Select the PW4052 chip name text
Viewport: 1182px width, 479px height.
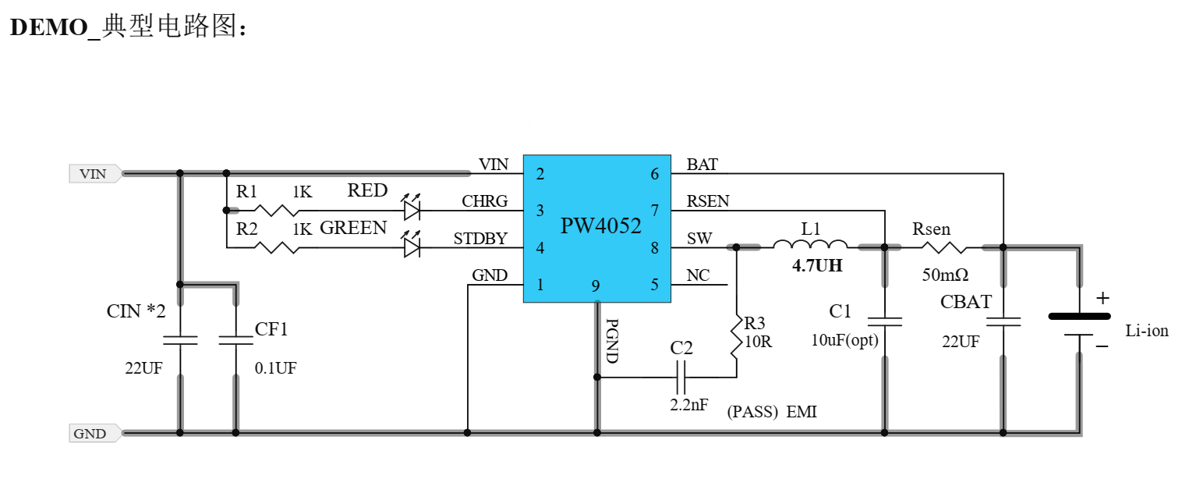600,226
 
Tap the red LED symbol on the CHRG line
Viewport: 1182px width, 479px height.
412,210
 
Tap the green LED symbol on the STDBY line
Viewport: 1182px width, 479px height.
412,248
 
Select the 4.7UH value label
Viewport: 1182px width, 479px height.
817,266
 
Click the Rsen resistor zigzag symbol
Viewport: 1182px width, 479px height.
943,247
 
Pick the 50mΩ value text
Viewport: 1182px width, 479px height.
945,275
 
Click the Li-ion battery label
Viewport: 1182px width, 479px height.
1147,331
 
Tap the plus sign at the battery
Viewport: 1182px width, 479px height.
1102,298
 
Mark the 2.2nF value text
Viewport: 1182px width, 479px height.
688,405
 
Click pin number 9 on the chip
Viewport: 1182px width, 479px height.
596,286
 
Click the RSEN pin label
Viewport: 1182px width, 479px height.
708,201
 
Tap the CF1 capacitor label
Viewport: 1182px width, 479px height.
271,329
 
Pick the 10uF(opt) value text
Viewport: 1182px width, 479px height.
844,340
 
